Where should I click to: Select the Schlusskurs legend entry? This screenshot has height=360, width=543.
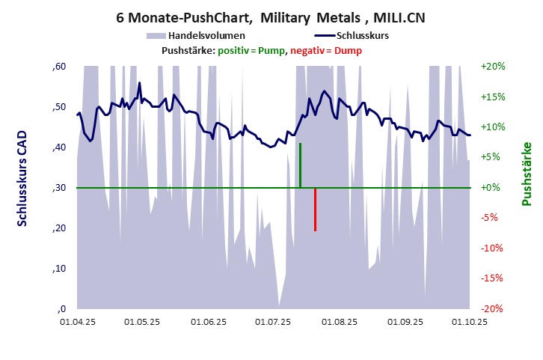pyautogui.click(x=362, y=35)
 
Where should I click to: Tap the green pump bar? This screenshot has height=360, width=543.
pyautogui.click(x=300, y=165)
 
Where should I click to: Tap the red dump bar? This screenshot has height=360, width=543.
pyautogui.click(x=316, y=210)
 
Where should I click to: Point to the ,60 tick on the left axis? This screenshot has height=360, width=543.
pyautogui.click(x=60, y=67)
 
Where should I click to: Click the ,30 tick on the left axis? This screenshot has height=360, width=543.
pyautogui.click(x=60, y=188)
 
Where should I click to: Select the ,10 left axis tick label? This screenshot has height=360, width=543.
pyautogui.click(x=60, y=269)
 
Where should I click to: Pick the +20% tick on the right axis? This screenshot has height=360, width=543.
pyautogui.click(x=494, y=67)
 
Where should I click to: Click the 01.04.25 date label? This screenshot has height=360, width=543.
pyautogui.click(x=77, y=322)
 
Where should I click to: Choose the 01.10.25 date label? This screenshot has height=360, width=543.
pyautogui.click(x=470, y=322)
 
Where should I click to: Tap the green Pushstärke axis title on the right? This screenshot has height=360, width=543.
pyautogui.click(x=527, y=174)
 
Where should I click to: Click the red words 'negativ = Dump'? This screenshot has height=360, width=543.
pyautogui.click(x=325, y=50)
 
